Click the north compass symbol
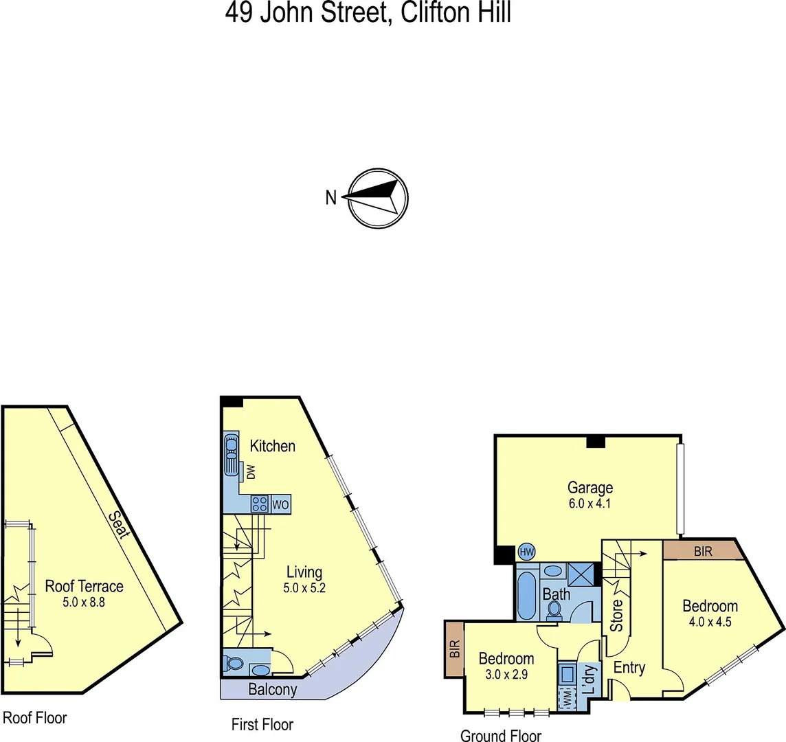(x=377, y=198)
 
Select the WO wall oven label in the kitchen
(x=280, y=504)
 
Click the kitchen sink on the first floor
(x=230, y=453)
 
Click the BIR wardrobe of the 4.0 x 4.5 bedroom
(x=704, y=551)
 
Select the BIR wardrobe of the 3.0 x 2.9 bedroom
(x=453, y=650)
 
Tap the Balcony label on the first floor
(x=273, y=690)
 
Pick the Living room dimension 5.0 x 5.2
(x=304, y=588)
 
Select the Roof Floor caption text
(x=35, y=718)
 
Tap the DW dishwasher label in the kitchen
(x=251, y=472)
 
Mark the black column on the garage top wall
(x=596, y=441)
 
